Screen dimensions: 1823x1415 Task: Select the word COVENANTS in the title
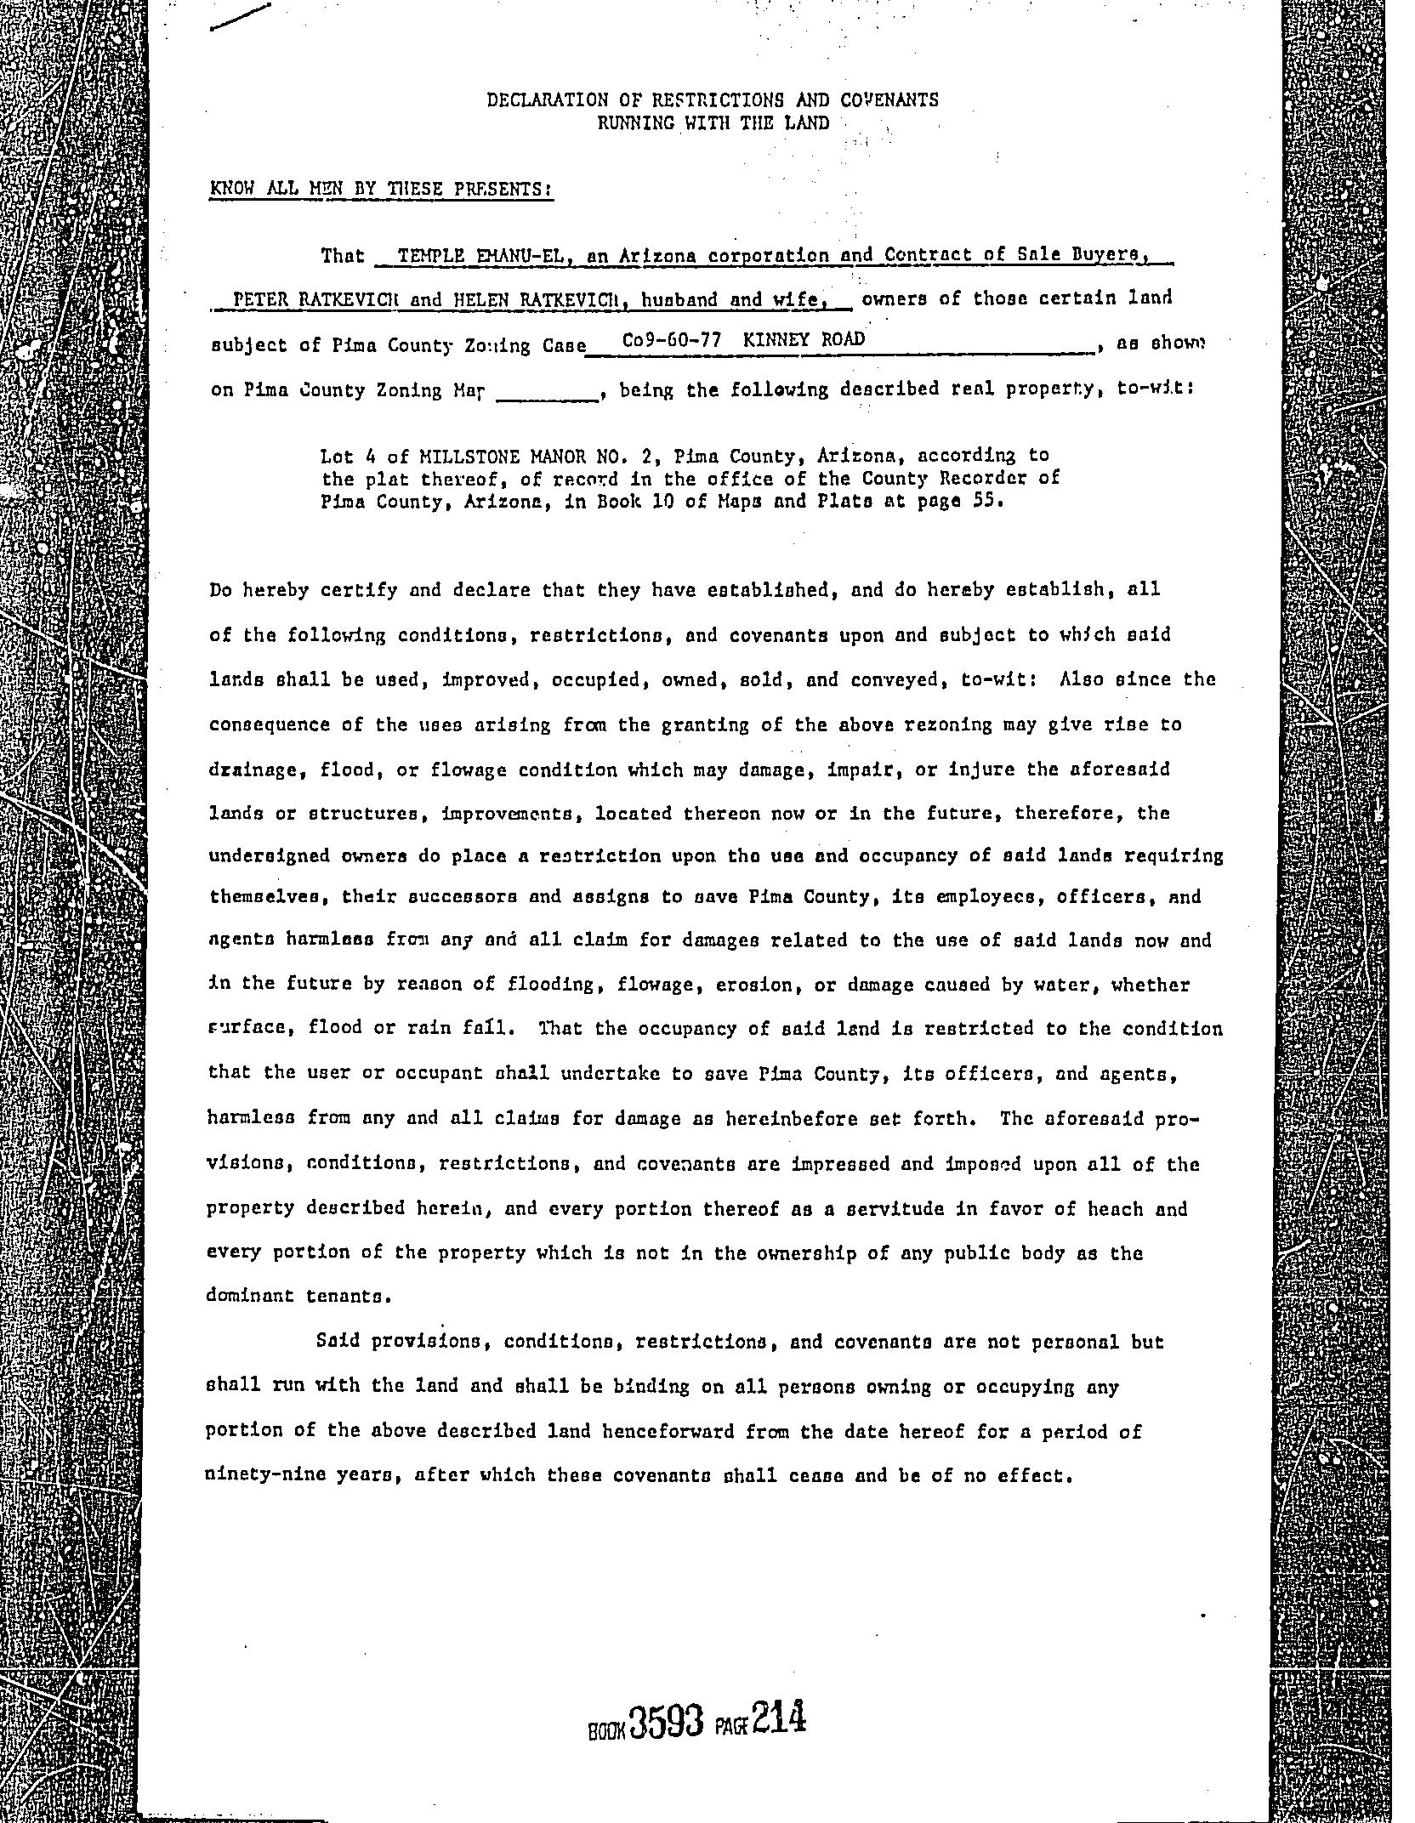[889, 100]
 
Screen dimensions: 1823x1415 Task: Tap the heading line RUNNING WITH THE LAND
[713, 123]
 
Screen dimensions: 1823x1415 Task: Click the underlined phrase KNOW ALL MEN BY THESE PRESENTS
[381, 189]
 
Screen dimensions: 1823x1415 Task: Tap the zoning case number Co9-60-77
[672, 340]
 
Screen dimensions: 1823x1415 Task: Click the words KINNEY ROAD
[804, 340]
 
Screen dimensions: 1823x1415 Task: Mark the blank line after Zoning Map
[548, 394]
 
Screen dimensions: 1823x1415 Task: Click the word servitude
[888, 1208]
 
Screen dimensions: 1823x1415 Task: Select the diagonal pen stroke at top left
[241, 18]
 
